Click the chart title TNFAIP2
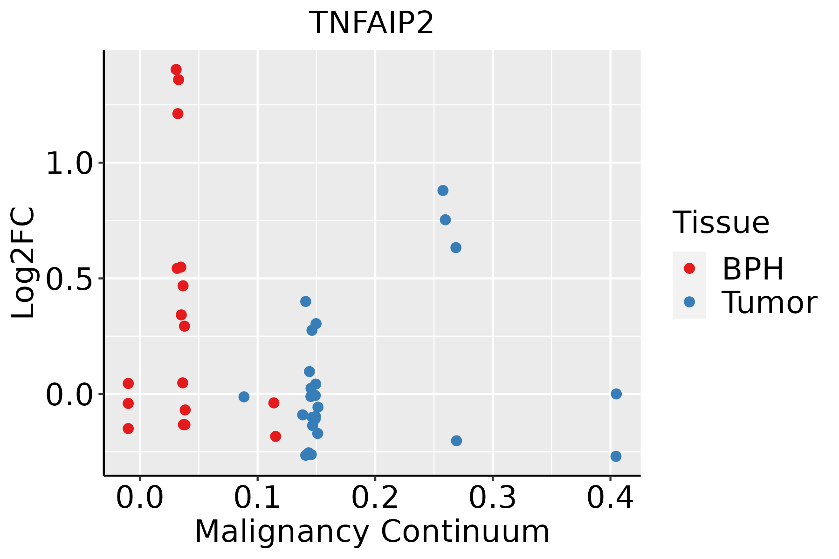(x=371, y=23)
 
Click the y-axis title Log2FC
(x=23, y=263)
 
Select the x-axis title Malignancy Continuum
(x=371, y=532)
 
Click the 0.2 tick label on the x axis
(x=375, y=498)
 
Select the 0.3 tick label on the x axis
(x=492, y=498)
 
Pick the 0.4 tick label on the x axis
(x=610, y=498)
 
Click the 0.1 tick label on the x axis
(x=257, y=498)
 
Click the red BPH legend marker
(x=689, y=268)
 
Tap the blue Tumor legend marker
(x=689, y=302)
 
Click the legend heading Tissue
(x=721, y=223)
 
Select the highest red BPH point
(x=176, y=69)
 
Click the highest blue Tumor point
(x=443, y=191)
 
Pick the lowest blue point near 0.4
(x=616, y=456)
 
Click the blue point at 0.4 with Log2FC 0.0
(x=616, y=394)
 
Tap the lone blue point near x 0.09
(x=244, y=397)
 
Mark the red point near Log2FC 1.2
(x=178, y=114)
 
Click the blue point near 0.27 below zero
(x=456, y=441)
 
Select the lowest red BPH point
(x=275, y=436)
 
